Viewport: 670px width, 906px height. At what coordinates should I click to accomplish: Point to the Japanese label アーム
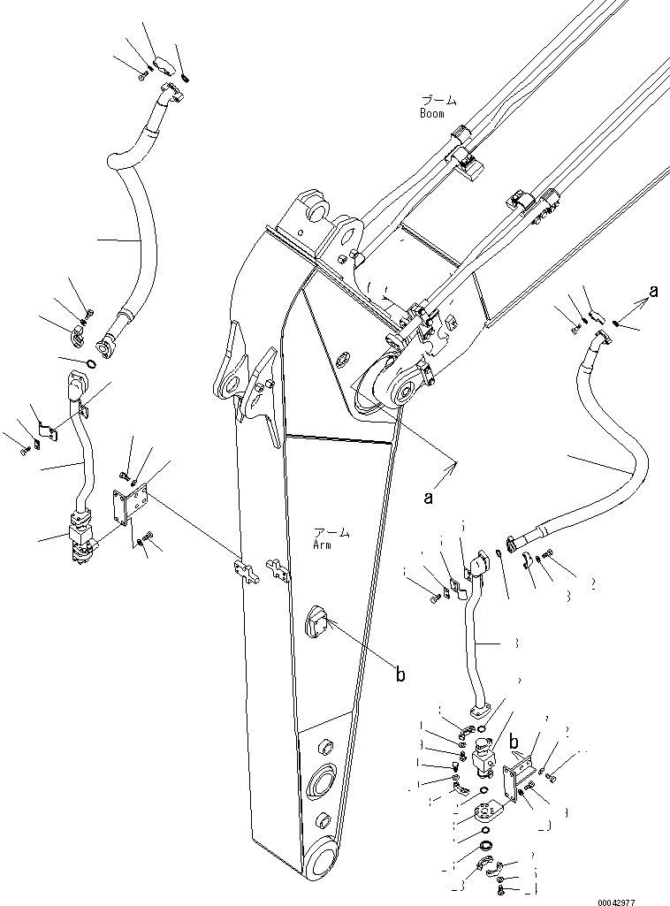[x=331, y=533]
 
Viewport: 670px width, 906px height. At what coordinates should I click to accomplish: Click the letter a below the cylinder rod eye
[x=429, y=498]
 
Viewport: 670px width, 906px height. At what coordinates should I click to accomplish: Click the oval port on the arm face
[x=316, y=625]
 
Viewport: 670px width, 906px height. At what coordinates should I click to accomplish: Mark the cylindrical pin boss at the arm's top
[x=316, y=209]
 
